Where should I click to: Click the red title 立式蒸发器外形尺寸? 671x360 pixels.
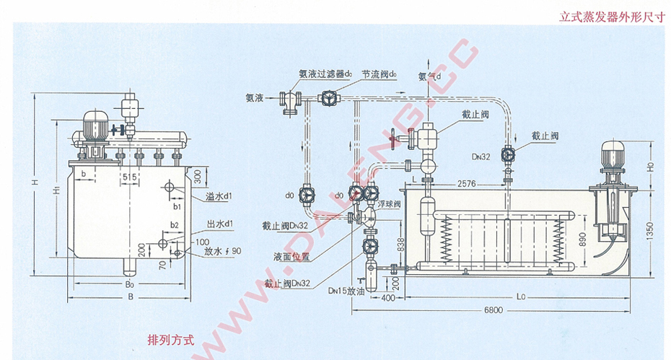point(611,17)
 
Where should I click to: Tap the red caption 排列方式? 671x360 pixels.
point(171,340)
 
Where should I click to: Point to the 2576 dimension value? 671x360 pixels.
point(468,185)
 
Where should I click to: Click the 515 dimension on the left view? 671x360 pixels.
point(130,177)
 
